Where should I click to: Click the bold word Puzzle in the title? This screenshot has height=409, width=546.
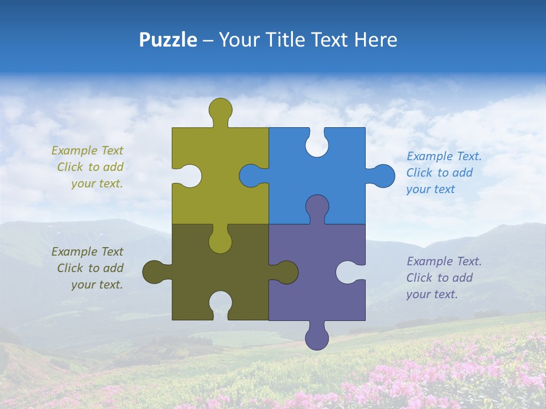point(168,40)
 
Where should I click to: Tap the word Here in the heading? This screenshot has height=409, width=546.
point(375,40)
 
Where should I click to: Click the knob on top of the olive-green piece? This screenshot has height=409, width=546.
point(220,108)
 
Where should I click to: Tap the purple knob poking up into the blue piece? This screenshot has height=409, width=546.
point(317,206)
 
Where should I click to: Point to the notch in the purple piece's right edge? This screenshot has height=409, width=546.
point(348,272)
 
